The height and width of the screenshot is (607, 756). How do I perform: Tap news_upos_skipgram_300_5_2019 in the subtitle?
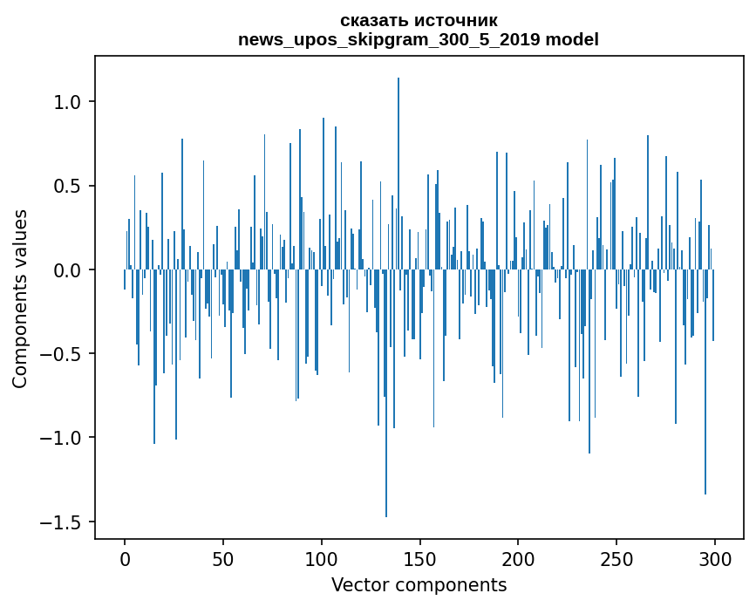point(389,39)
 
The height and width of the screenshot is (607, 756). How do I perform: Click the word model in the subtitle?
point(572,39)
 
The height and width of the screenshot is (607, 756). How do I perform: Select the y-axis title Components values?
point(20,298)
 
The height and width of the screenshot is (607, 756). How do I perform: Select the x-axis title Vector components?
point(419,584)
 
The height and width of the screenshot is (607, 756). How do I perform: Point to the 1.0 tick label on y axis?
point(69,102)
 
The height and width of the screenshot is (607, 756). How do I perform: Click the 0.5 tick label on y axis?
point(69,186)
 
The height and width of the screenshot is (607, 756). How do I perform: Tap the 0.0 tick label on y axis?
point(69,270)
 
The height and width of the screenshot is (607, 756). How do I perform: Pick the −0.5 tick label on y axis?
point(63,354)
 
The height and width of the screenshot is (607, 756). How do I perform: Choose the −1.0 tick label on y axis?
point(63,438)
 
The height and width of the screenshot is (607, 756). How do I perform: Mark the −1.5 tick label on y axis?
point(63,522)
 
